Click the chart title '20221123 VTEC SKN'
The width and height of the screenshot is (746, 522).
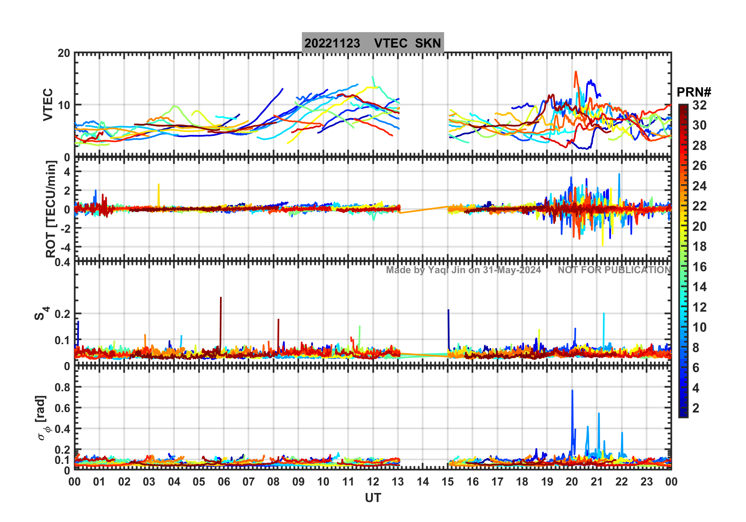(373, 43)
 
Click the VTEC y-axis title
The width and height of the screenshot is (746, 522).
(48, 104)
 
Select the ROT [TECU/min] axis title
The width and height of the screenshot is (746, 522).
(51, 209)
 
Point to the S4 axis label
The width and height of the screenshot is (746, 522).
(41, 314)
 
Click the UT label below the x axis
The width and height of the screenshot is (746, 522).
(373, 498)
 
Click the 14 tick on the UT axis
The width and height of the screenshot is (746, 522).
(422, 482)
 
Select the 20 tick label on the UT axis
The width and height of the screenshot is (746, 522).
(571, 482)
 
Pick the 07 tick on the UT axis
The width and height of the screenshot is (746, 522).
(248, 482)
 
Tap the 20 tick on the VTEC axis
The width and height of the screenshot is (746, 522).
(64, 53)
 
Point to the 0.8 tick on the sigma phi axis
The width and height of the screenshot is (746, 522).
(62, 387)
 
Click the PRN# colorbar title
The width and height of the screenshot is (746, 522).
(694, 93)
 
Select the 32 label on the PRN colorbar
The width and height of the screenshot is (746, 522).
(699, 105)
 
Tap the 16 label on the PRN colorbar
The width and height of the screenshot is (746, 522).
(699, 267)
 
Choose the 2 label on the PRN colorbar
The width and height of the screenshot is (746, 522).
(696, 408)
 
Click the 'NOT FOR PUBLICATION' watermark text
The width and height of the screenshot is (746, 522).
(614, 270)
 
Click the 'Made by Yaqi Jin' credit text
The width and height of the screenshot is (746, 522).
(463, 270)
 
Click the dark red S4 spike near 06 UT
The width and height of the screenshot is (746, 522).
(221, 298)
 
